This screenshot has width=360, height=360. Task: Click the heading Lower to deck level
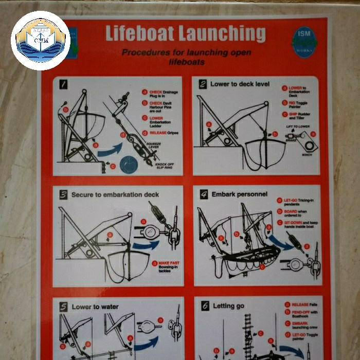click(240, 84)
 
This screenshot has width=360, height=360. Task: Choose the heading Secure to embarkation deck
click(115, 195)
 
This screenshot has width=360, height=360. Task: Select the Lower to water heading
click(95, 307)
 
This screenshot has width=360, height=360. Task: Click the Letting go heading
click(228, 306)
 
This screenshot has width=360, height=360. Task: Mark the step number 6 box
click(204, 306)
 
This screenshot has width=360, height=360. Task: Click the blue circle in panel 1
click(129, 166)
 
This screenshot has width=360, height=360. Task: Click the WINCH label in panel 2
click(307, 154)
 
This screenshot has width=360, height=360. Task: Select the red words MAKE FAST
click(169, 263)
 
